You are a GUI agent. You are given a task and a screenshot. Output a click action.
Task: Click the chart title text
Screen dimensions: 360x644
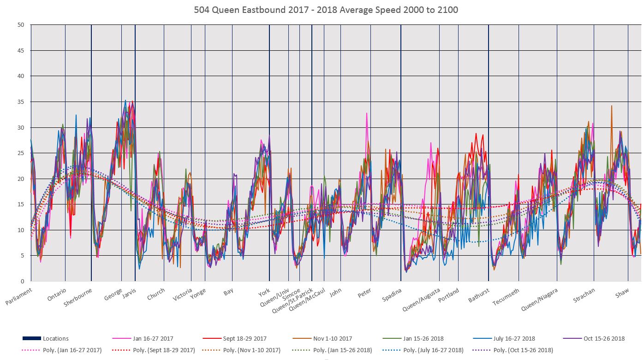click(x=322, y=9)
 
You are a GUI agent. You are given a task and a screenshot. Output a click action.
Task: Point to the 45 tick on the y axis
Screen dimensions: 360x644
click(x=21, y=50)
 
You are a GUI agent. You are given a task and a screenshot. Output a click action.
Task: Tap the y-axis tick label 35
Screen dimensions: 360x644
click(x=21, y=102)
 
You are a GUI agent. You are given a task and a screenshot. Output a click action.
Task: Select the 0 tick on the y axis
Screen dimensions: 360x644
click(x=22, y=281)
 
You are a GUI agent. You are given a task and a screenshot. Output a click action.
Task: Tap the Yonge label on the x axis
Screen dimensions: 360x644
click(x=198, y=294)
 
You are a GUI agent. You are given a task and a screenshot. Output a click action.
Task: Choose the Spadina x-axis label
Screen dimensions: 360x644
click(x=392, y=294)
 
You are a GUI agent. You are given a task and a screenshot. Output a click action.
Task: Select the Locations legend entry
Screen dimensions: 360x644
click(x=55, y=339)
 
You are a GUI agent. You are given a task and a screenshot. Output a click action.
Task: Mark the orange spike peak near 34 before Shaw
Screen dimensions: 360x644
click(x=611, y=106)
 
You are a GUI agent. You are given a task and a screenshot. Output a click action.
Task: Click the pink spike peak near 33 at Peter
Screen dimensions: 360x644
click(x=367, y=113)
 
